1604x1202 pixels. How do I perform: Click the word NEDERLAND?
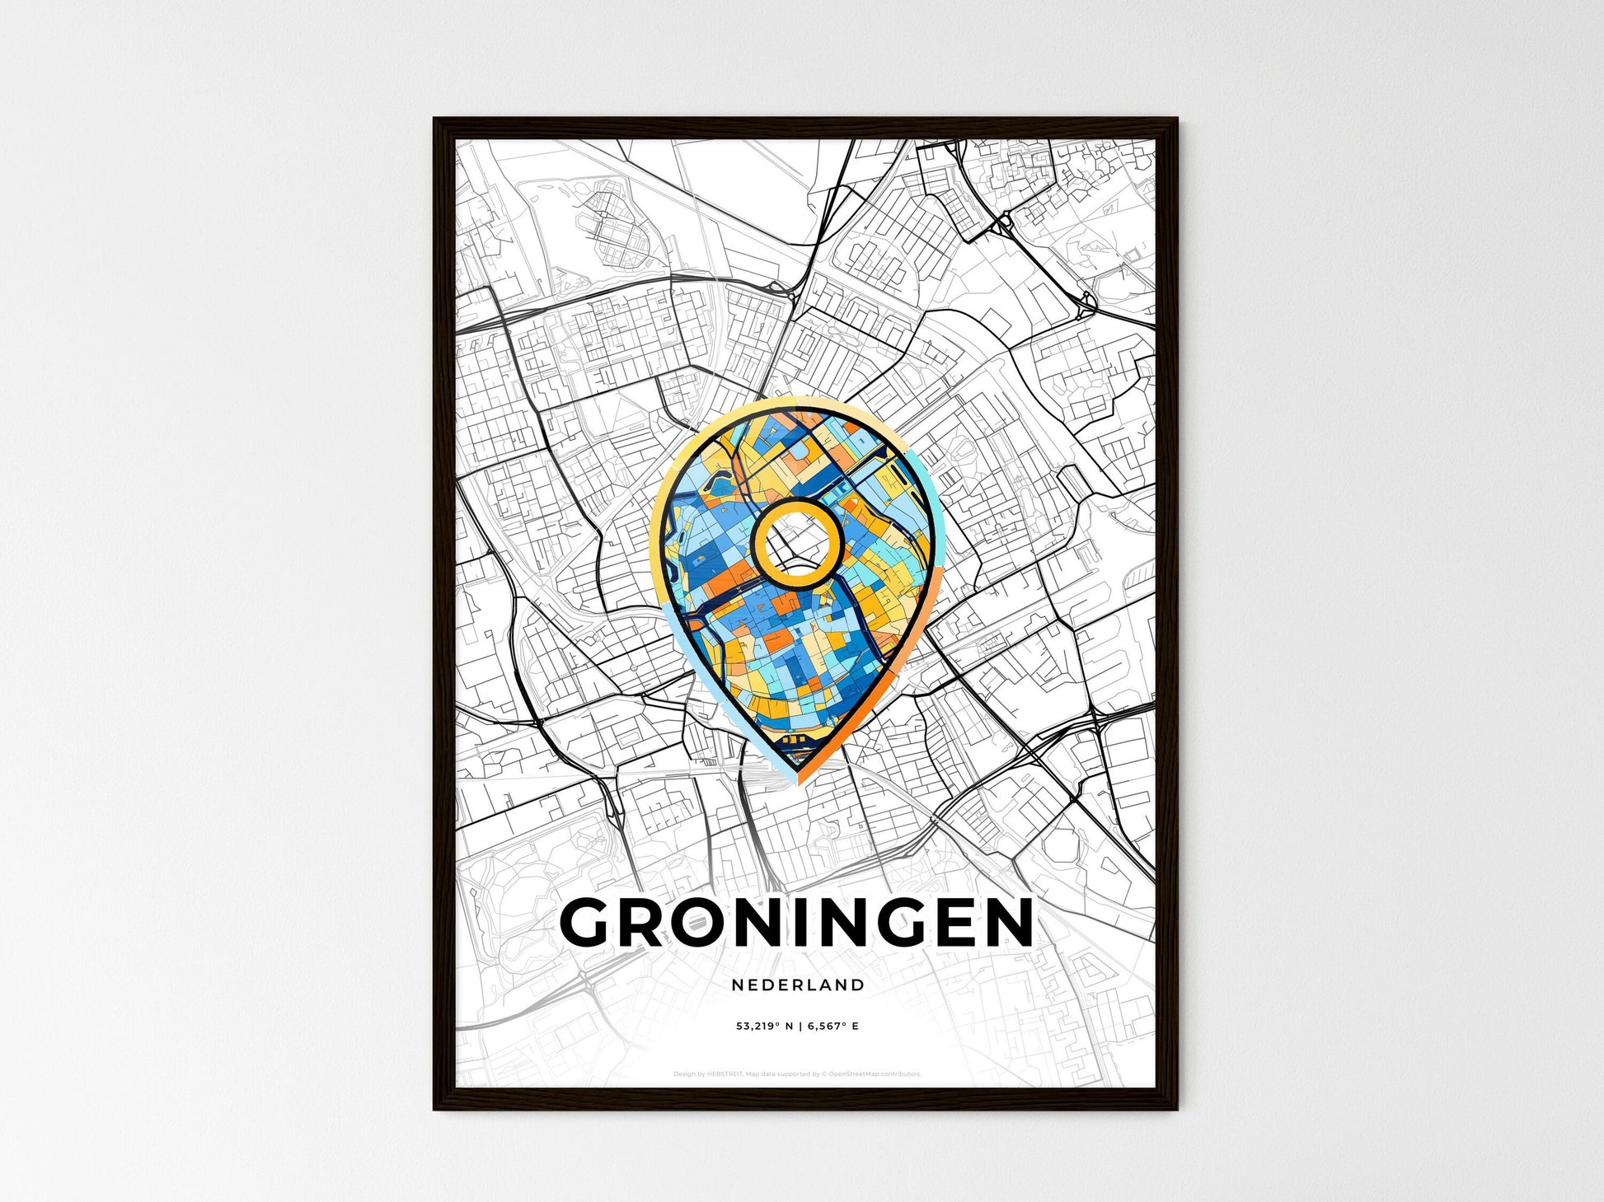[x=797, y=985]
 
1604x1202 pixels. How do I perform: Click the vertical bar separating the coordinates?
[x=798, y=1027]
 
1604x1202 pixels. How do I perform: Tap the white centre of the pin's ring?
[x=796, y=544]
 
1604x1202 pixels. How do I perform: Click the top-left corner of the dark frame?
[x=436, y=120]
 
